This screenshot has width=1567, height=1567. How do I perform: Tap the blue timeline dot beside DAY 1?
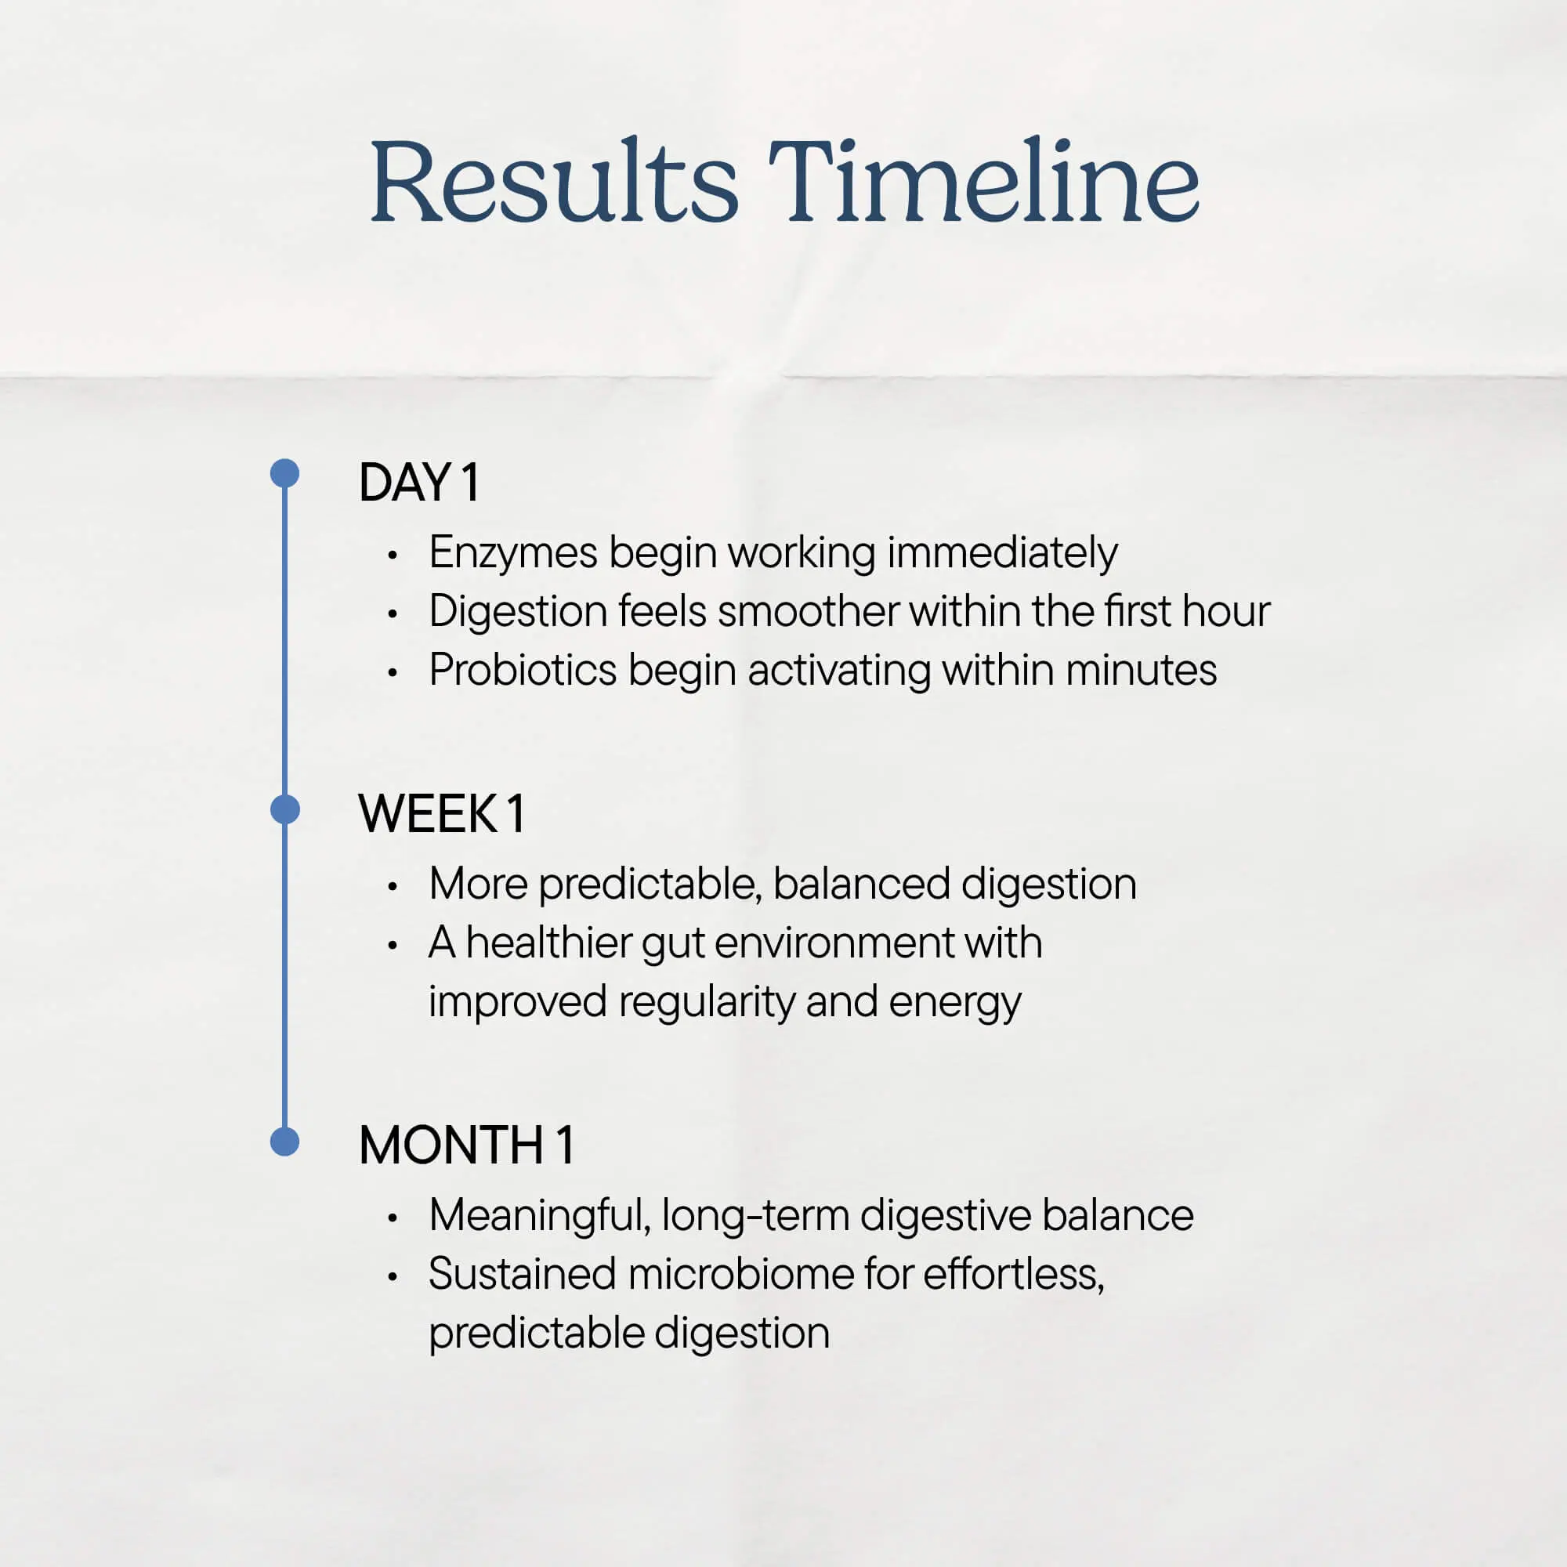[284, 474]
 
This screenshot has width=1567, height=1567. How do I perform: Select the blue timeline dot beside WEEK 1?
[284, 809]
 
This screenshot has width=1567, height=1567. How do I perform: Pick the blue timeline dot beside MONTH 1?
[284, 1142]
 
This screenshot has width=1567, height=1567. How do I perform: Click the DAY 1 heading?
[418, 483]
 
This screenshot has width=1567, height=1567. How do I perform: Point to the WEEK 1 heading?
[441, 813]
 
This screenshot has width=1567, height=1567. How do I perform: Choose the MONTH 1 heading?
[466, 1145]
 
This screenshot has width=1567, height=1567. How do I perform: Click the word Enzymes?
[513, 554]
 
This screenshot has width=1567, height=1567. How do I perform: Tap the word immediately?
[1003, 554]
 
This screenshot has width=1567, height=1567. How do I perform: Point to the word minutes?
[1142, 671]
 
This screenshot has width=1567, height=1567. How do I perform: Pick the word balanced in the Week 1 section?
[860, 884]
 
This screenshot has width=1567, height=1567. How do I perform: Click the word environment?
[834, 943]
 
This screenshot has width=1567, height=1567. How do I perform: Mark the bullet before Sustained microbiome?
[393, 1277]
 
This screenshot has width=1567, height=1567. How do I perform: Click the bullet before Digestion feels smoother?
[393, 614]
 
